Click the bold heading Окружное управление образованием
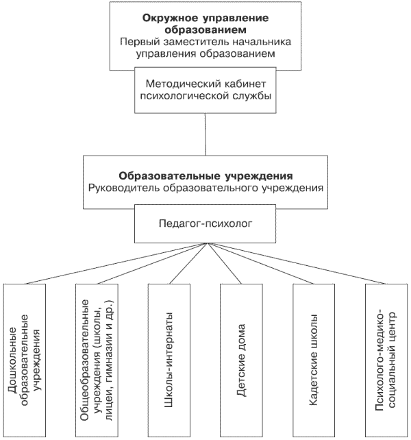pos(206,23)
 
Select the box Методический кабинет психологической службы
pos(206,90)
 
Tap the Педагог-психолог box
pos(206,223)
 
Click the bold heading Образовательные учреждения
pos(206,176)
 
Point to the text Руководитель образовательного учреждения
pos(206,188)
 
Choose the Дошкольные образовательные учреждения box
pos(25,360)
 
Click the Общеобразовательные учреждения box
pos(97,360)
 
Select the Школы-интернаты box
pos(169,360)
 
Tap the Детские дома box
pos(242,360)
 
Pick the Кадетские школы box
pos(314,360)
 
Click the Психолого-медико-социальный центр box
pos(386,360)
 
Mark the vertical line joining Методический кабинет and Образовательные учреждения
pos(206,134)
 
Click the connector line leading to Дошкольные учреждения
pos(116,263)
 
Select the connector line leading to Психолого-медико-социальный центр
pos(297,263)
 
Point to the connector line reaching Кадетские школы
pos(260,263)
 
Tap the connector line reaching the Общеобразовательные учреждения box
pos(152,263)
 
